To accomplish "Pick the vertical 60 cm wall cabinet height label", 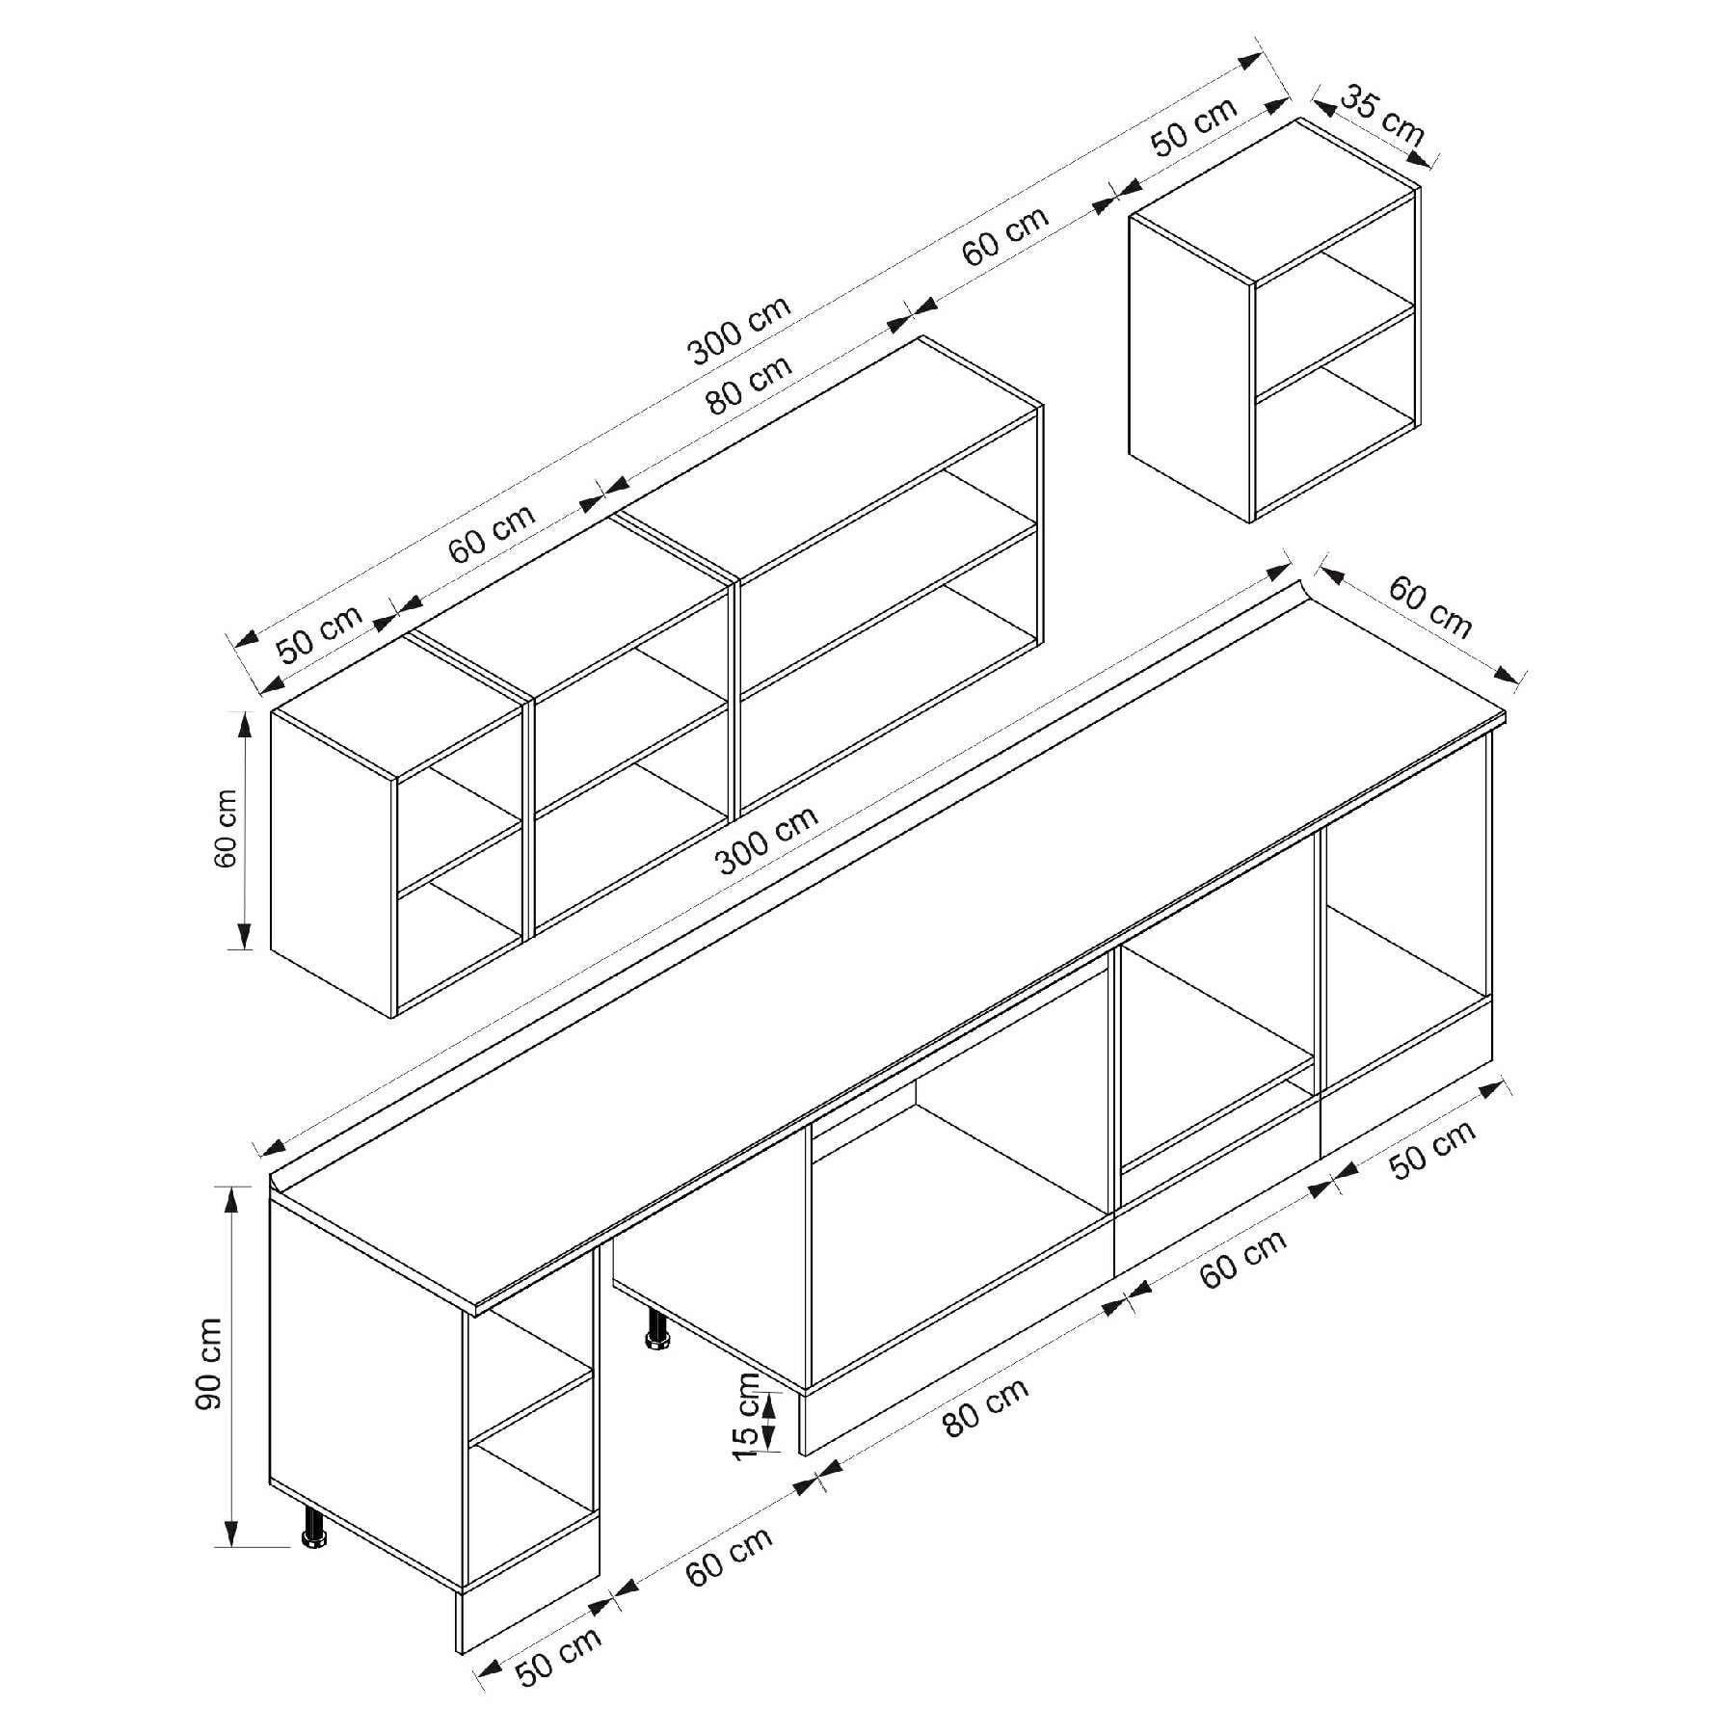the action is pos(226,828).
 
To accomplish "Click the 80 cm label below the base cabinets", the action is pos(986,1405).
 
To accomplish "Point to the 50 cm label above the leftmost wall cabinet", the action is pos(320,632).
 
